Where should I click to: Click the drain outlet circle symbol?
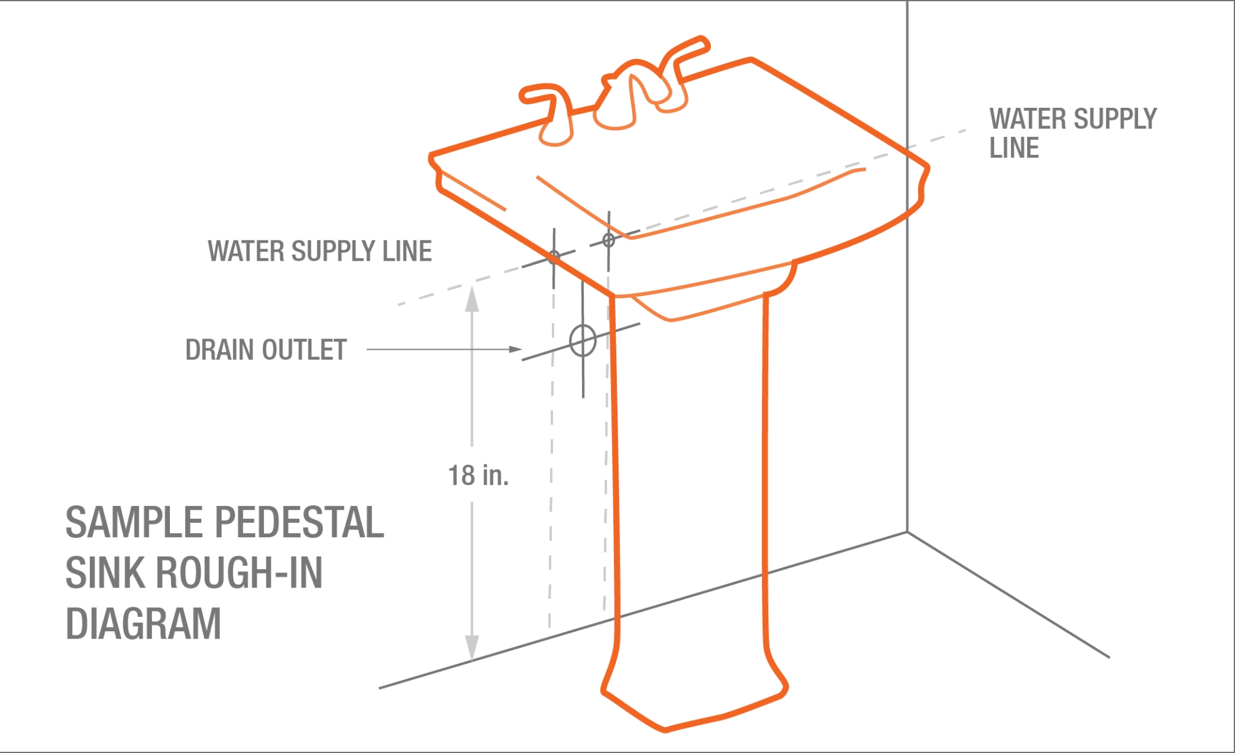583,341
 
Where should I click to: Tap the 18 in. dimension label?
478,475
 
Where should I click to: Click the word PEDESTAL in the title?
299,522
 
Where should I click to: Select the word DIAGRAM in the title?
143,623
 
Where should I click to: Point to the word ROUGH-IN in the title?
239,573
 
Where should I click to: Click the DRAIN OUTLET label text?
266,350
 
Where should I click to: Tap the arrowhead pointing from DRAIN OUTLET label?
515,349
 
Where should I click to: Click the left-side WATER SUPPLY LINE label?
319,251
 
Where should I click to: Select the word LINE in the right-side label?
1014,148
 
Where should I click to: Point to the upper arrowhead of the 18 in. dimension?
472,299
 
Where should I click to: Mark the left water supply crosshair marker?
554,256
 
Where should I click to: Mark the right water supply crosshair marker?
608,240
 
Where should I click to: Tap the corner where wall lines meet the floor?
907,532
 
